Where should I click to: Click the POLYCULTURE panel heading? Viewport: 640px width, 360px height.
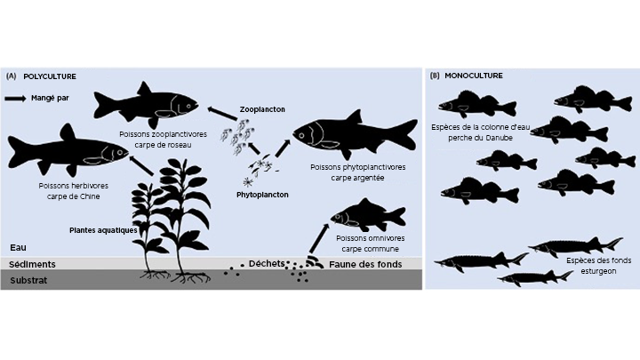[x=50, y=77]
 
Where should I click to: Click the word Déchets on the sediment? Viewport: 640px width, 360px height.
[x=267, y=263]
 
